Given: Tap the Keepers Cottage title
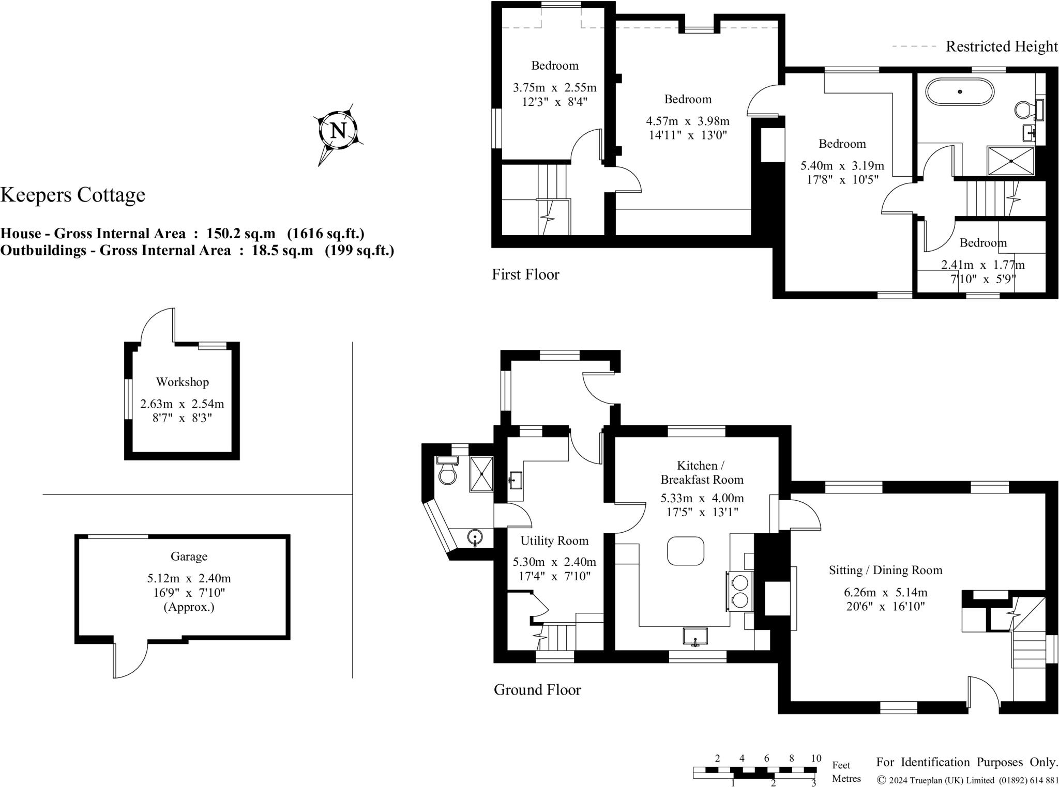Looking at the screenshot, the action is click(73, 195).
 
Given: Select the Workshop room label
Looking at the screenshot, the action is click(182, 382).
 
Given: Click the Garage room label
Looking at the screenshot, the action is click(189, 556).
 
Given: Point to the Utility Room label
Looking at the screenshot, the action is click(554, 541).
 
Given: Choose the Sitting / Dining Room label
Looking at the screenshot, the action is click(885, 570).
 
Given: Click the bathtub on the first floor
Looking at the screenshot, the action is click(960, 92).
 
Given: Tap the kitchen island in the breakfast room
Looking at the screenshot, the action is click(686, 551).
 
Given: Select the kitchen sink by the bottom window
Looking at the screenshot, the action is click(695, 636).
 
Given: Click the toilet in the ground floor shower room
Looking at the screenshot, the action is click(447, 473).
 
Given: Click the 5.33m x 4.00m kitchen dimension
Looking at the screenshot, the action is click(702, 498).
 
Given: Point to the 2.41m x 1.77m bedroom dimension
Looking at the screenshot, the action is click(982, 265).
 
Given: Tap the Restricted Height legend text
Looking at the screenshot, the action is click(1002, 47).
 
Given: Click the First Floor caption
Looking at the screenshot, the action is click(525, 274).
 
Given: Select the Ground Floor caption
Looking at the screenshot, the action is click(537, 689).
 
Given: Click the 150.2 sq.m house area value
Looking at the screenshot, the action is click(241, 234).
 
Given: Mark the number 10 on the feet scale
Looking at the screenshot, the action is click(815, 759).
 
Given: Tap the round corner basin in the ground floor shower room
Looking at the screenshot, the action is click(475, 538).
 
